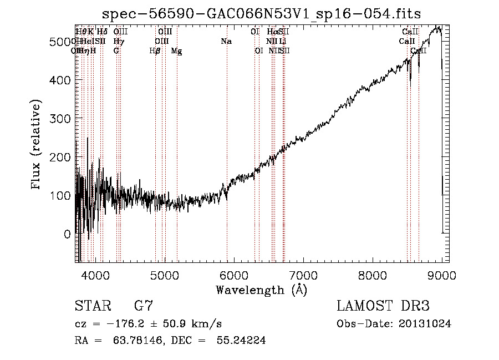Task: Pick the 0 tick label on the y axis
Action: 67,234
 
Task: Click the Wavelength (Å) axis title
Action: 261,289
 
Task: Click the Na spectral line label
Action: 226,41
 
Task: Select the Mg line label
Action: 176,50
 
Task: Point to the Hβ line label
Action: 155,50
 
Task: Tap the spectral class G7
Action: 144,306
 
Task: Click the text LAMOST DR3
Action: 383,306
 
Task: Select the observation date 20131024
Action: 426,324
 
